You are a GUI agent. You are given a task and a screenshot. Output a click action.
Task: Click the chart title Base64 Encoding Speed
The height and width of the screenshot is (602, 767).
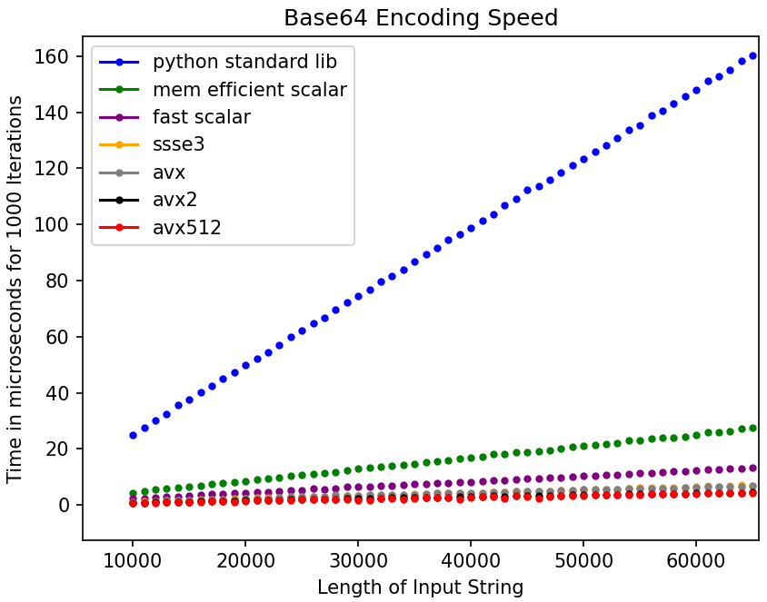point(421,18)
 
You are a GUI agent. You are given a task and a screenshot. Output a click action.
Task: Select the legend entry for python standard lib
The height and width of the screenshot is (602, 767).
point(244,62)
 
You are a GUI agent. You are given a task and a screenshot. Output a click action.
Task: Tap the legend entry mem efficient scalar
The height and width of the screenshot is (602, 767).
point(249,90)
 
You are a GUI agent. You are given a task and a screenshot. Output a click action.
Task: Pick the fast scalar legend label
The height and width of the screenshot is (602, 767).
point(202,117)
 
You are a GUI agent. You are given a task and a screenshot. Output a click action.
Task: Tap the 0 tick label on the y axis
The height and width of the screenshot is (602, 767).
point(64,506)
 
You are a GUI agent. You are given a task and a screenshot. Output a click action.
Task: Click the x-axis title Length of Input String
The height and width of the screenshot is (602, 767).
point(421,587)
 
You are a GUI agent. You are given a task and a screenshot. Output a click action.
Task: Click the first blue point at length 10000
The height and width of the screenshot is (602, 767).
point(133,435)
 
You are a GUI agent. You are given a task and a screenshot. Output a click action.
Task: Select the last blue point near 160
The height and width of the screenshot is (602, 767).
point(752,56)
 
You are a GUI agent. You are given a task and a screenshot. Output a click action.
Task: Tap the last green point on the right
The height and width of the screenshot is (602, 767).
point(752,428)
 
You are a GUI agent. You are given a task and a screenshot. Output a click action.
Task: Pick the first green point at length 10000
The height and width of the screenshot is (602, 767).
point(133,493)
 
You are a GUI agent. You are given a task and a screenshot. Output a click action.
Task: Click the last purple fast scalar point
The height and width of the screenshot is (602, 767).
point(752,469)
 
